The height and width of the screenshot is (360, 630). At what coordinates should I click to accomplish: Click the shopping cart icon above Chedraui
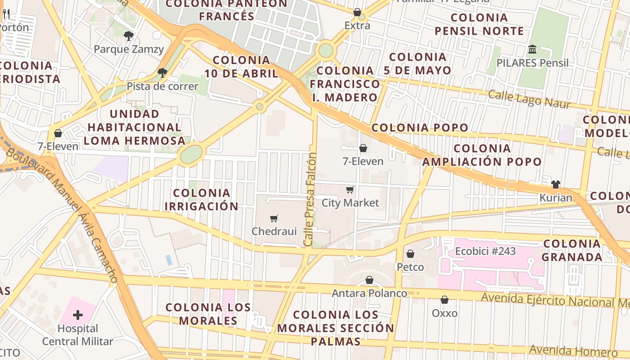(x=274, y=219)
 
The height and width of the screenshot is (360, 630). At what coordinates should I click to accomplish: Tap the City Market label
(x=350, y=203)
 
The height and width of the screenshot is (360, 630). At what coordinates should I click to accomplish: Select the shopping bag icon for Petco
(x=410, y=254)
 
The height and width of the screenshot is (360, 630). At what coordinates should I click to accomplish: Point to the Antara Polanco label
(x=369, y=293)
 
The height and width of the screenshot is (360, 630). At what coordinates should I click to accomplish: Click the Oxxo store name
(x=445, y=313)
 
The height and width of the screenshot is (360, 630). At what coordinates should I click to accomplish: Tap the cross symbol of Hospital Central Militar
(x=78, y=315)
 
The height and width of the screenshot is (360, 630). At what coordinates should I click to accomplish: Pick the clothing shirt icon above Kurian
(x=556, y=184)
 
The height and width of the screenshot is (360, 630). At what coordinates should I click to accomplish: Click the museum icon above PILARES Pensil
(x=532, y=49)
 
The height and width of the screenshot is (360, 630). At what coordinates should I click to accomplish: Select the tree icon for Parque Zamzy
(x=129, y=36)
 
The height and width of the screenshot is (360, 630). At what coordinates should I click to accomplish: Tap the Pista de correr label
(x=162, y=86)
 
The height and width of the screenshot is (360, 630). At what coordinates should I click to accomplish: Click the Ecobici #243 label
(x=485, y=251)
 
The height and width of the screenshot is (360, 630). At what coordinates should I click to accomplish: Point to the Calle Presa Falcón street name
(x=310, y=199)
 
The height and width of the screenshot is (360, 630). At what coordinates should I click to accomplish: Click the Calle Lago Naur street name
(x=529, y=99)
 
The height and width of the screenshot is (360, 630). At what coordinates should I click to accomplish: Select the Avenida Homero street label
(x=573, y=351)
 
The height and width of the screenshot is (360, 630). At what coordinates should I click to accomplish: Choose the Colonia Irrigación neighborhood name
(x=201, y=199)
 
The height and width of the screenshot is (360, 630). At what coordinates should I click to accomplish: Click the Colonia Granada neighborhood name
(x=571, y=250)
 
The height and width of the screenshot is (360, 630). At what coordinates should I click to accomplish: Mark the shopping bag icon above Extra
(x=357, y=12)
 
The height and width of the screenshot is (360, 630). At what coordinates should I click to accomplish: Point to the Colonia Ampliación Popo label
(x=482, y=155)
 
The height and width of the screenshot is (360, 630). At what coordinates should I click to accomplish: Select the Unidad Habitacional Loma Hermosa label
(x=134, y=127)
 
